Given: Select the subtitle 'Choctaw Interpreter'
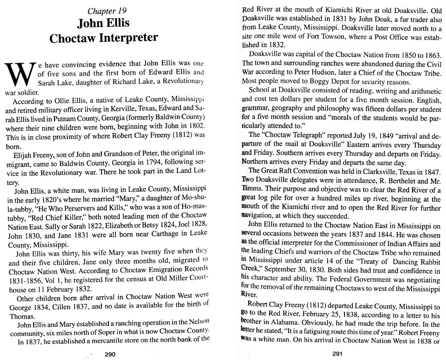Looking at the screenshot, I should [x=103, y=38].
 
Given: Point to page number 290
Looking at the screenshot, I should [x=110, y=354].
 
